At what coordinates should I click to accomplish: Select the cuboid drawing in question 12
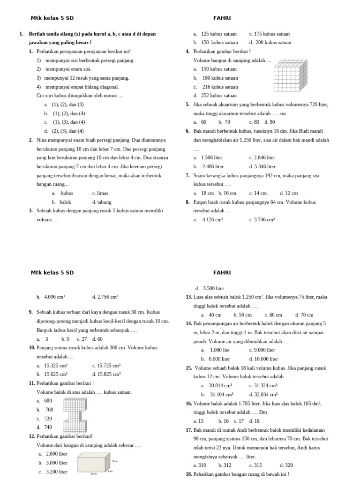coord(94,463)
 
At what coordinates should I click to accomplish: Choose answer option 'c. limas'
coord(100,193)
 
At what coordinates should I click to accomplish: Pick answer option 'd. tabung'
coord(102,202)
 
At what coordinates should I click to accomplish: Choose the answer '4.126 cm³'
coord(212,219)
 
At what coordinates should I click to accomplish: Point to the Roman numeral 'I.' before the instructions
coord(22,34)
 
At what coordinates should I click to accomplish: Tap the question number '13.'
coord(189,297)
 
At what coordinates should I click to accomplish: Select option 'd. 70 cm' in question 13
coord(304,315)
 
